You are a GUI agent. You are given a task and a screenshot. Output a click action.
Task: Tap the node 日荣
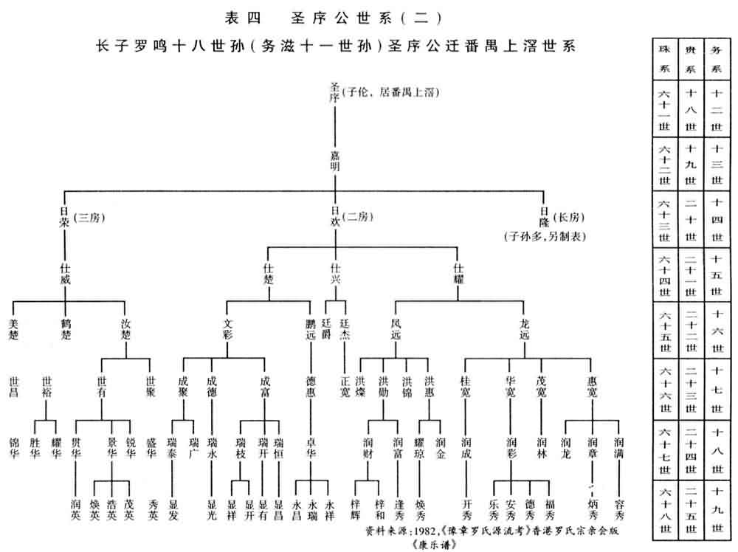(x=64, y=216)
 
